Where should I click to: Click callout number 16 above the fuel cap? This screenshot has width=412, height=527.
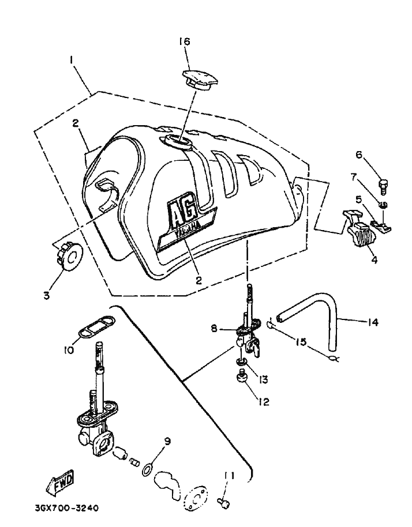tap(184, 42)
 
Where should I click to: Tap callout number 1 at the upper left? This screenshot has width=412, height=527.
tap(71, 59)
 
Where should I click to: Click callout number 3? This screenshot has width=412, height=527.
tap(47, 296)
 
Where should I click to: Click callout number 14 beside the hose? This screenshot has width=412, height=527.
tap(373, 323)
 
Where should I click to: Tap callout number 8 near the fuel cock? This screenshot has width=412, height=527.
tap(214, 328)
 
